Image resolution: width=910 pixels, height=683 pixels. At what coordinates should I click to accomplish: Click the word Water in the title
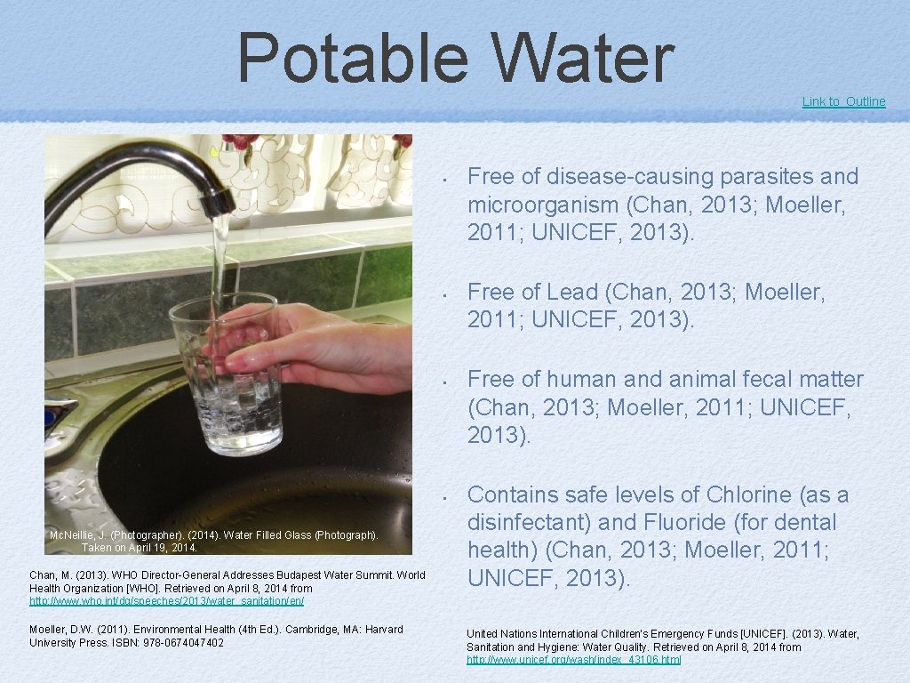pos(582,59)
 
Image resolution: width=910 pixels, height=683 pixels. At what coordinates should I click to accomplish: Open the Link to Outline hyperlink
pos(843,101)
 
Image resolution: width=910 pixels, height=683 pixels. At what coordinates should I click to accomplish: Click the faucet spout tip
pos(216,203)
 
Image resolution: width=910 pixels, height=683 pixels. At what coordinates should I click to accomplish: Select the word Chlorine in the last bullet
pos(748,494)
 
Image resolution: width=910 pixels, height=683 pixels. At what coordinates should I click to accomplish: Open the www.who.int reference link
pos(166,601)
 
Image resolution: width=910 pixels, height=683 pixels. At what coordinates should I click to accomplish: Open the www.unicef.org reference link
pos(574,660)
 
